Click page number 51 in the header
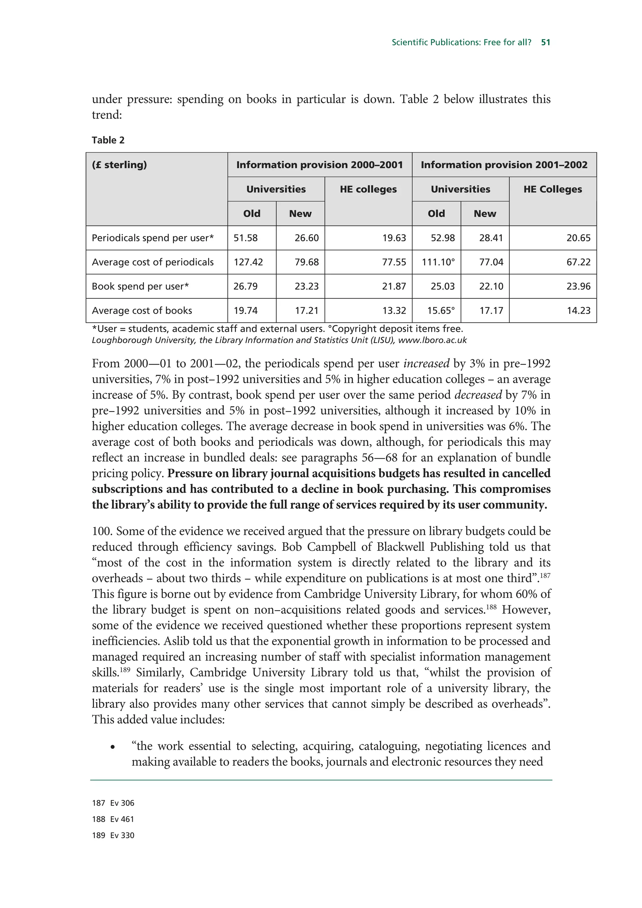point(545,42)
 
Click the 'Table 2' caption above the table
point(108,140)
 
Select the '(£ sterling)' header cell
point(119,164)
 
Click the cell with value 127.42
point(248,262)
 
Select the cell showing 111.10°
point(438,262)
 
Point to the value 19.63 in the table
point(394,238)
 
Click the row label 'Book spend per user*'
point(140,286)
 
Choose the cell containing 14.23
point(578,310)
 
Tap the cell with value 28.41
point(491,238)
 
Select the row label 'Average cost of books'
point(142,310)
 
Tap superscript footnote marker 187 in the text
point(545,575)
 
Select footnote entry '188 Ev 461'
point(113,819)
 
